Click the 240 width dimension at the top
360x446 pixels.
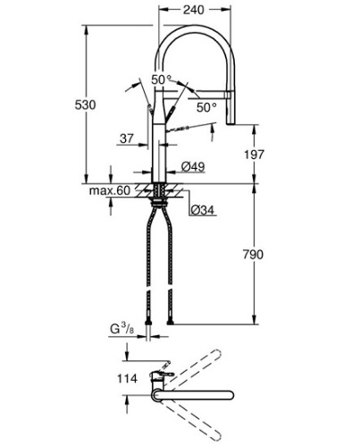point(194,10)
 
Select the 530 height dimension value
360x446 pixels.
point(85,105)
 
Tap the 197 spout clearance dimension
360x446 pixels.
point(254,155)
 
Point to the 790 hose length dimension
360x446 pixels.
point(253,255)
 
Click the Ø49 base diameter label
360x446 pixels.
point(193,167)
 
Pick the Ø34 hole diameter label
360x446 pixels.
point(202,210)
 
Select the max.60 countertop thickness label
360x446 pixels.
point(110,190)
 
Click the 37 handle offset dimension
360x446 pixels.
point(127,139)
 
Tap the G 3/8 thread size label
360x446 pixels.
point(122,329)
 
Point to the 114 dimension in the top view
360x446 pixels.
point(127,379)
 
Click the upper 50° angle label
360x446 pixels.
point(162,80)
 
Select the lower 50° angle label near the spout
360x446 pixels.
point(206,107)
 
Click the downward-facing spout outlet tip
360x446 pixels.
point(231,123)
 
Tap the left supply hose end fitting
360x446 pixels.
point(148,323)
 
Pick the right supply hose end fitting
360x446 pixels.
point(170,323)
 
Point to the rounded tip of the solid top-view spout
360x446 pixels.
point(230,395)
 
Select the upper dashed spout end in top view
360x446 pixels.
point(217,355)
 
